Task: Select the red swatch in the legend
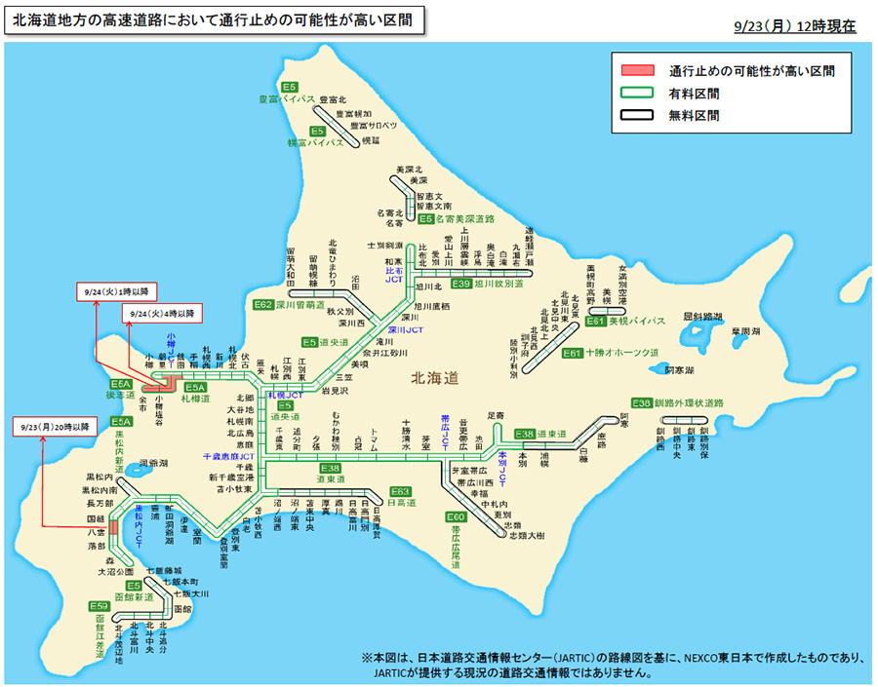(638, 70)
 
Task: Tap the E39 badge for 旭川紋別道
(461, 284)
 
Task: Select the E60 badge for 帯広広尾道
(456, 516)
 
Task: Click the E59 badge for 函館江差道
(101, 606)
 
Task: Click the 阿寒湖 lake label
(680, 370)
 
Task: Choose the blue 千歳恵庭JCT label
(228, 455)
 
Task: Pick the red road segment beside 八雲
(113, 527)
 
